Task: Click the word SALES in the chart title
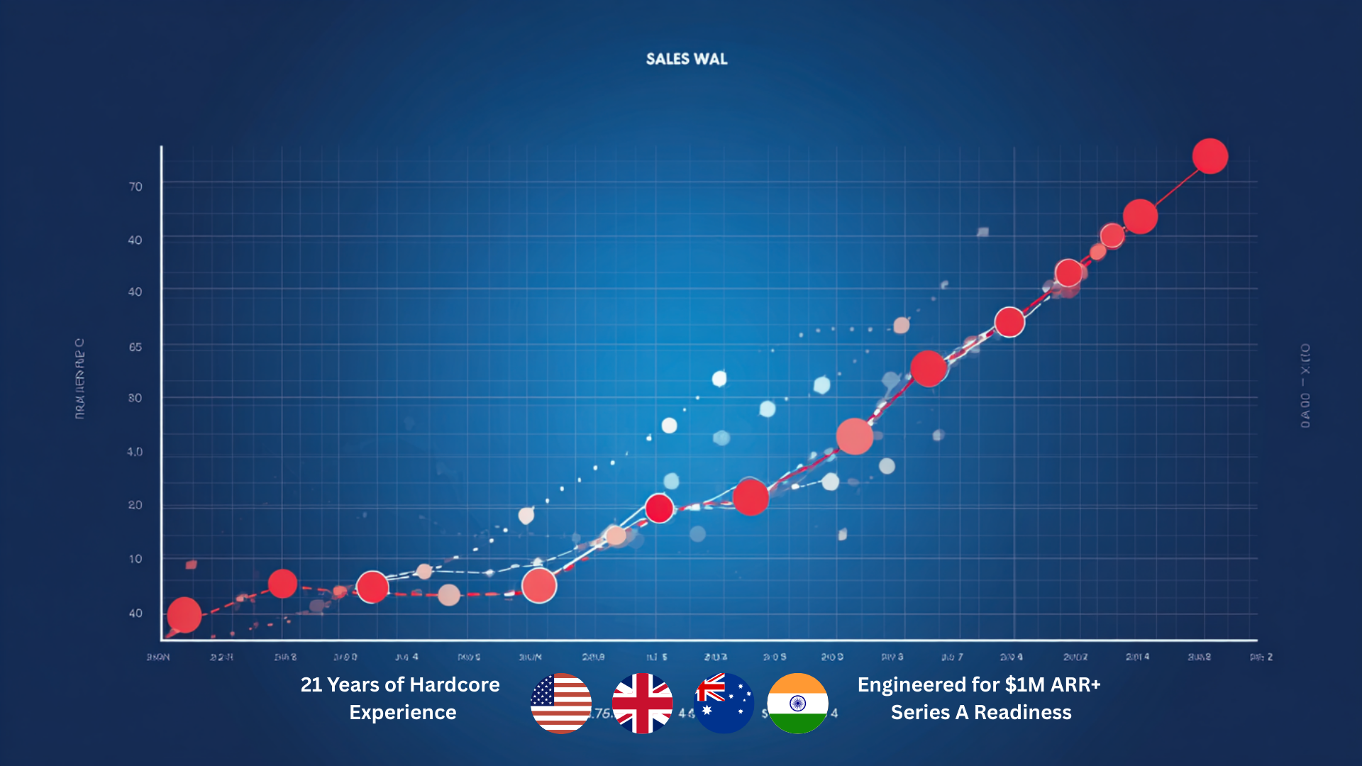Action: click(x=667, y=59)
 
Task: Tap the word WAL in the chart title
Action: click(x=711, y=59)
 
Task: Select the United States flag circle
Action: click(x=561, y=703)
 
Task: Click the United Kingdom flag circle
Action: click(x=643, y=703)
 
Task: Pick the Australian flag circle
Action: click(x=724, y=703)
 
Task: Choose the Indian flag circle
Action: click(x=798, y=703)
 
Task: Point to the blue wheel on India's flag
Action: click(x=798, y=703)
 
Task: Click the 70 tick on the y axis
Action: click(x=135, y=187)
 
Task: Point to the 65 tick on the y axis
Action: click(x=135, y=347)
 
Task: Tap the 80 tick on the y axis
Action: click(x=135, y=398)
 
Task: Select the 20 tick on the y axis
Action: click(x=135, y=505)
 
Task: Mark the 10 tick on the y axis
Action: click(x=135, y=559)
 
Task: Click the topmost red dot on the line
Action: click(x=1210, y=156)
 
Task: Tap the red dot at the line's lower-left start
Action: click(x=184, y=614)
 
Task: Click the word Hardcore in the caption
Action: click(x=455, y=684)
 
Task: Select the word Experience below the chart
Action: click(x=403, y=712)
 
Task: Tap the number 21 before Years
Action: click(x=311, y=684)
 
